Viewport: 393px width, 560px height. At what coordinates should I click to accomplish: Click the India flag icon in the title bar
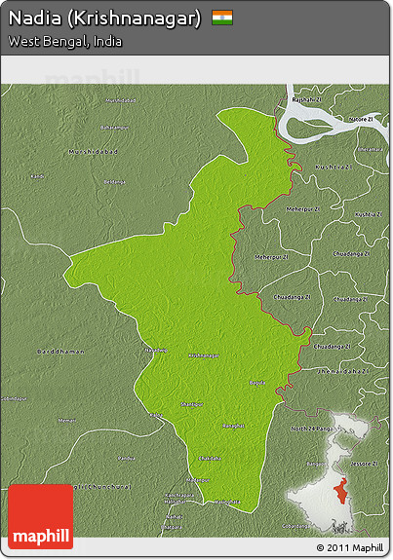pos(222,18)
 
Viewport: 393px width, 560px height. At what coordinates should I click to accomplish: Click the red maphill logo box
pos(40,516)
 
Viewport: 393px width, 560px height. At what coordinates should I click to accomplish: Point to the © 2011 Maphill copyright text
pos(350,547)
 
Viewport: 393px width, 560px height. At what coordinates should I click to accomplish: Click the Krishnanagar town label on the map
pos(198,355)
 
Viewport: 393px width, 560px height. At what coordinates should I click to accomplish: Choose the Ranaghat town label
pos(233,426)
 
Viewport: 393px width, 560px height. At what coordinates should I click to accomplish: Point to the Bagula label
pos(256,383)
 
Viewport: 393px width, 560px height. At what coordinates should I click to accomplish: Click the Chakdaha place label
pos(210,458)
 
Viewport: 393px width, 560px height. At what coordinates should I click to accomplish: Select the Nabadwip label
pos(156,350)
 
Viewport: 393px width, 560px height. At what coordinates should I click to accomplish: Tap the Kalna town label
pos(155,415)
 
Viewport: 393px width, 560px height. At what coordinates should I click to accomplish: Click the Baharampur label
pos(113,128)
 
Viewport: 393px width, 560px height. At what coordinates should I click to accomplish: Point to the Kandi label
pos(38,176)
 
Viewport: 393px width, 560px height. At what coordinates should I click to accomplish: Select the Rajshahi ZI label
pos(305,99)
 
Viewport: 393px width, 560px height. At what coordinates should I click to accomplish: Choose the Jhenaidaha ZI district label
pos(339,371)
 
